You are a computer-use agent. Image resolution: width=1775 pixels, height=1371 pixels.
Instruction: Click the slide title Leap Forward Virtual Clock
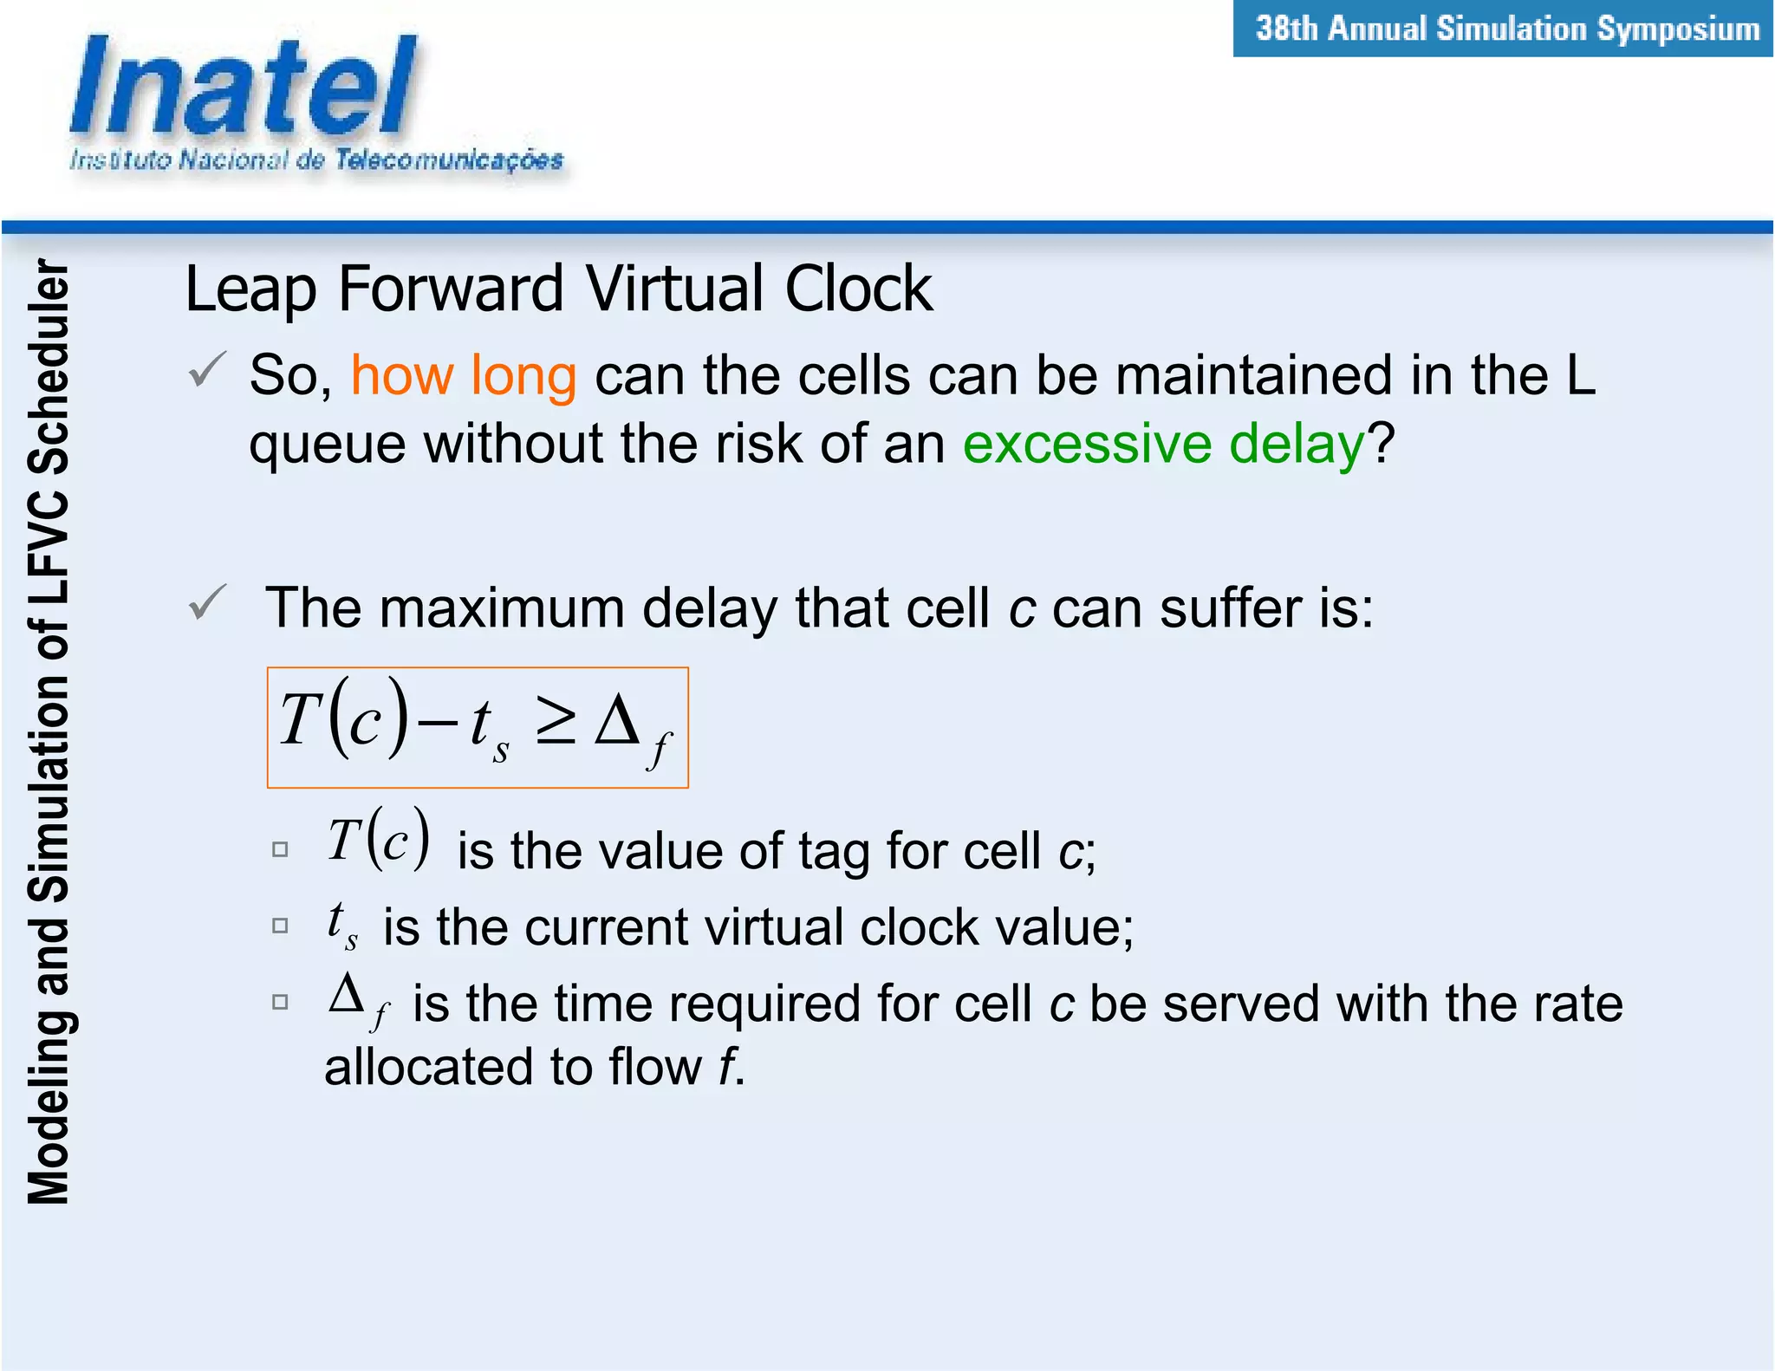tap(559, 289)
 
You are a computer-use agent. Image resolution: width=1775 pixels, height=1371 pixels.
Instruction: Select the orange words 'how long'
tap(464, 376)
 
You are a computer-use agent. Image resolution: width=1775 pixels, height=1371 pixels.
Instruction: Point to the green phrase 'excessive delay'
tap(1163, 445)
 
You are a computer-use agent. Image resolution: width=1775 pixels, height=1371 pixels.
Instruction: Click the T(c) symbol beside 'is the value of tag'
tap(378, 839)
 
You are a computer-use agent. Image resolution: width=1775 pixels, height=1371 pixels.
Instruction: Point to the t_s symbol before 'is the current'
tap(341, 924)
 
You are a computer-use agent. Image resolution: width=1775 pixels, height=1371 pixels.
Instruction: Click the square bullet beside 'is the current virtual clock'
tap(280, 926)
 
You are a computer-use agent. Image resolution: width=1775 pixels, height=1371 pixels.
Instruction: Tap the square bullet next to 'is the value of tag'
tap(280, 849)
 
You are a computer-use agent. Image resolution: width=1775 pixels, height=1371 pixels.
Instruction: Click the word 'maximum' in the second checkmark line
tap(502, 608)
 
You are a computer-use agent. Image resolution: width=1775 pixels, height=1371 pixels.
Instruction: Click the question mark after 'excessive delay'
tap(1381, 445)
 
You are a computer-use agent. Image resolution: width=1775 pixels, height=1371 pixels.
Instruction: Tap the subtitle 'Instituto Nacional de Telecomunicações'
tap(316, 160)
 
